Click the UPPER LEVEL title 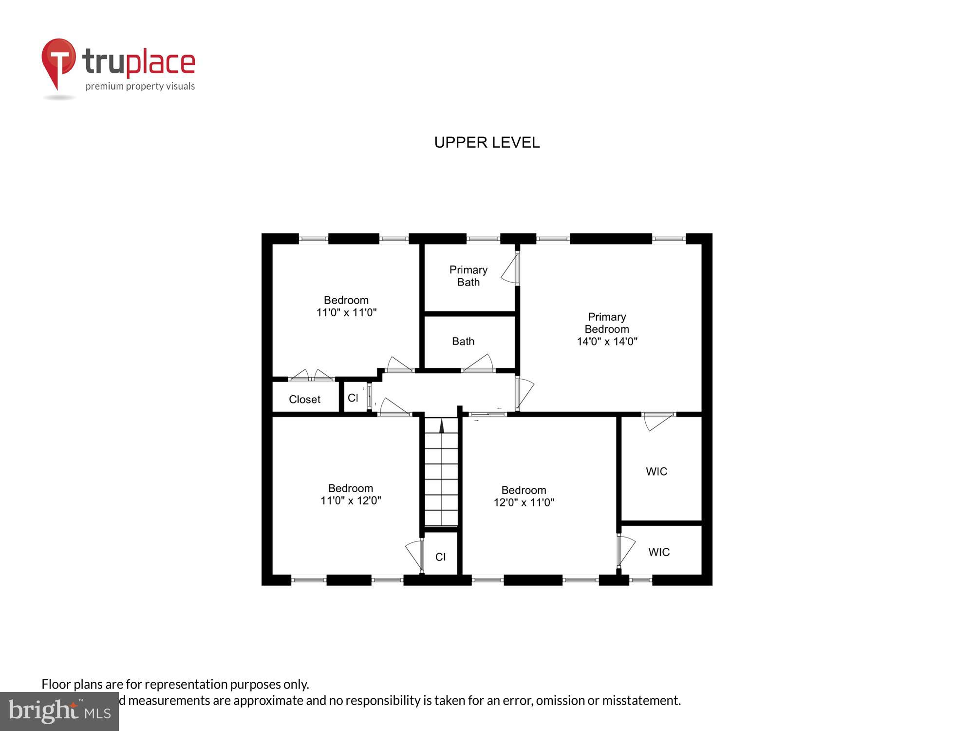487,142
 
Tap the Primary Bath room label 468,276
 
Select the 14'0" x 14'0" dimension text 607,342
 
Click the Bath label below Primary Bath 463,341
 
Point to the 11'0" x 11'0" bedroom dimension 346,312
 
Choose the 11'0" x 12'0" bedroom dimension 350,500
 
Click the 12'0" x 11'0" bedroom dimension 524,502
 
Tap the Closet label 304,399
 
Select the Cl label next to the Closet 353,398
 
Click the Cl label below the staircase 440,557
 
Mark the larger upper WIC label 656,471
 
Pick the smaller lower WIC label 658,552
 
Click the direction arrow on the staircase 442,426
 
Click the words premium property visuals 140,86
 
